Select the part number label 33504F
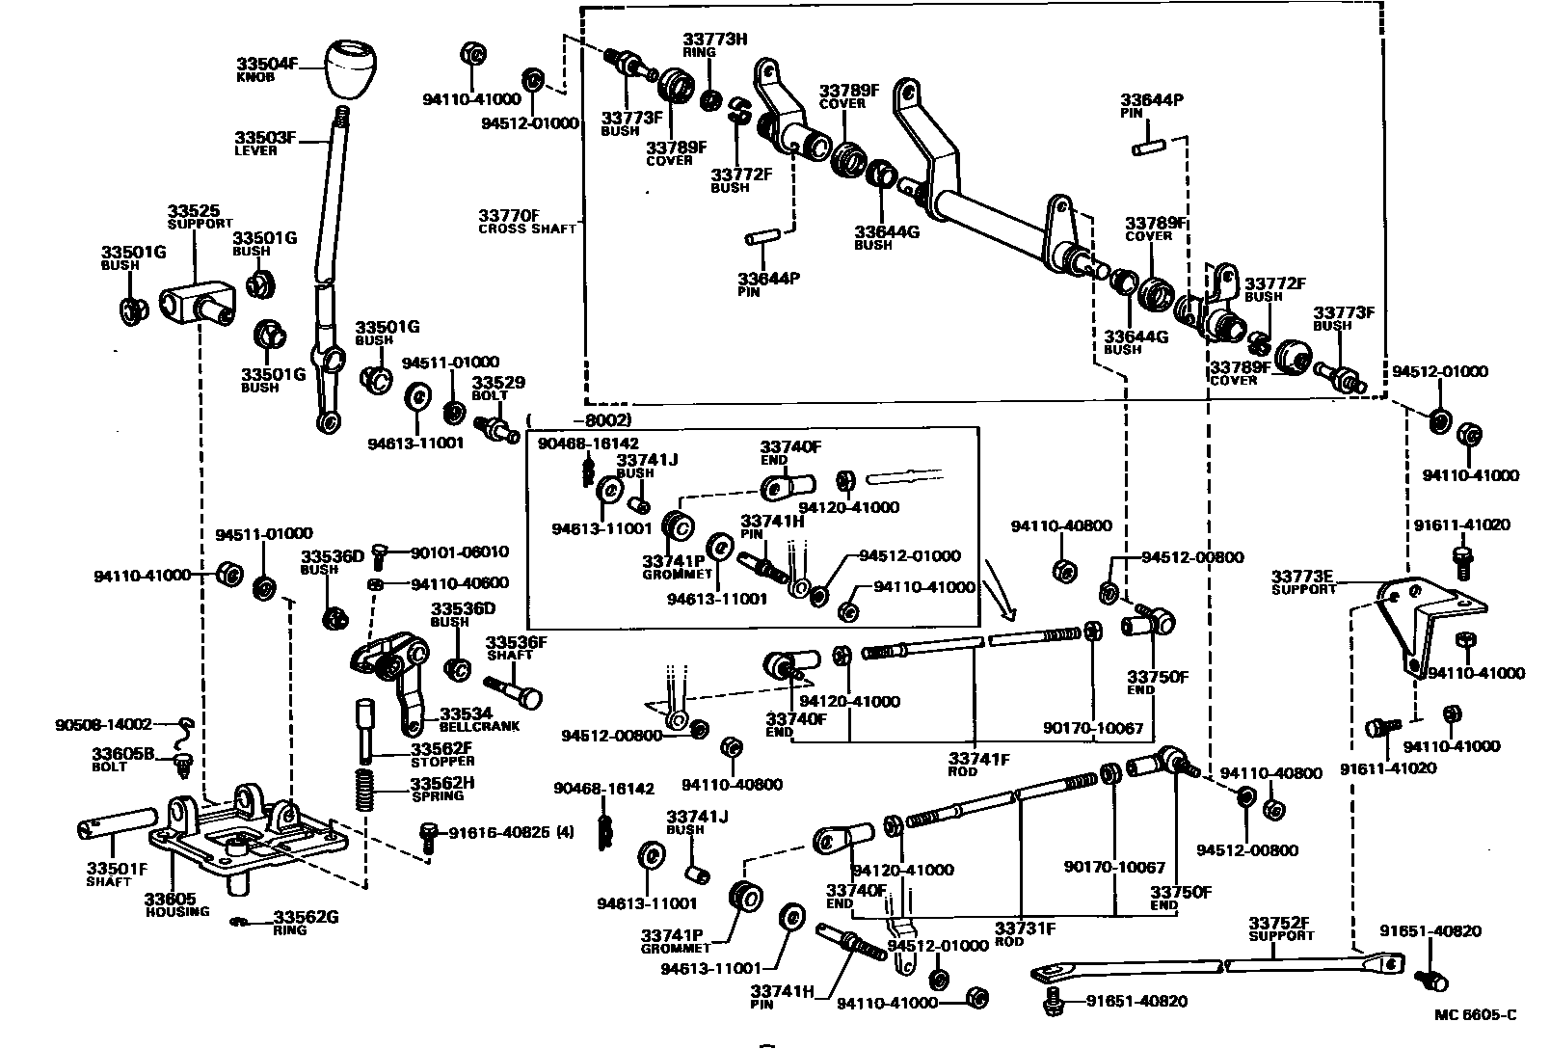(x=267, y=66)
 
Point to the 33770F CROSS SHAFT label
(x=524, y=221)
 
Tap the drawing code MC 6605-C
(x=1475, y=1014)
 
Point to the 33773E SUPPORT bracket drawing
(x=1417, y=618)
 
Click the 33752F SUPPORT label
(x=1281, y=928)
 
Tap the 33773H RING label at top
(x=715, y=44)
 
